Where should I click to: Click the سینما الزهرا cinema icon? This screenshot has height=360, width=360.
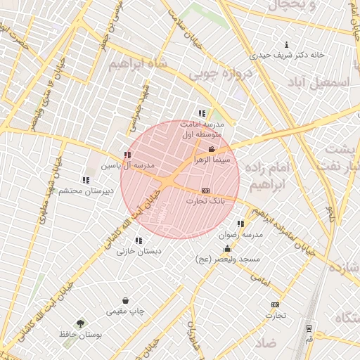[212, 149]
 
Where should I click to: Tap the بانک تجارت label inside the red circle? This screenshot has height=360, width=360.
[205, 201]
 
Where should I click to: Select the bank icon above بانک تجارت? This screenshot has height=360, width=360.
[205, 191]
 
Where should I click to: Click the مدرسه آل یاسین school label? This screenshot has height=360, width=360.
[129, 166]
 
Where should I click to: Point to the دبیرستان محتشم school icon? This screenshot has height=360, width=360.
[86, 180]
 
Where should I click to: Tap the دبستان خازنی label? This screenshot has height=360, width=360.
[139, 251]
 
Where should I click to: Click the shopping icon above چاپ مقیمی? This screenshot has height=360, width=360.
[125, 300]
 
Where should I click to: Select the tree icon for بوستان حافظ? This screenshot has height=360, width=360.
[81, 324]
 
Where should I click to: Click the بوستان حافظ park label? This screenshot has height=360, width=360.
[81, 335]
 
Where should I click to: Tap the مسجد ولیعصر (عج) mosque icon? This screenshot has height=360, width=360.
[227, 249]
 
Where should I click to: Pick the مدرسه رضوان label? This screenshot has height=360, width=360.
[240, 234]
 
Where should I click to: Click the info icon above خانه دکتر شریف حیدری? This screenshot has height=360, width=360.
[286, 44]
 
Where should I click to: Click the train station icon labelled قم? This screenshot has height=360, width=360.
[309, 328]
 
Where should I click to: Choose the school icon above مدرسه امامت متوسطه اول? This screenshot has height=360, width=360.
[202, 112]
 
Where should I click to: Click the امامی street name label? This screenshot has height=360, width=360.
[260, 279]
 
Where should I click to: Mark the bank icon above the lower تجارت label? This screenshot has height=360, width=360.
[275, 304]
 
